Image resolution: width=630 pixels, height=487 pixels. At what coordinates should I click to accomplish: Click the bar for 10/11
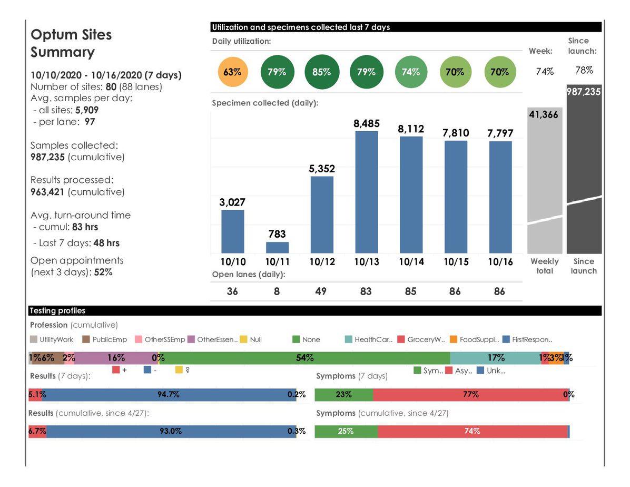pyautogui.click(x=277, y=247)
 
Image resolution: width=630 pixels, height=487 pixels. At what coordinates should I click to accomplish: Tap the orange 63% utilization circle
pyautogui.click(x=232, y=72)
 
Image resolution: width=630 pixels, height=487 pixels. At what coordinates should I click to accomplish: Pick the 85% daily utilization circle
pyautogui.click(x=321, y=72)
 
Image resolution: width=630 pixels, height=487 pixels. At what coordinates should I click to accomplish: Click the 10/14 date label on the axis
pyautogui.click(x=410, y=262)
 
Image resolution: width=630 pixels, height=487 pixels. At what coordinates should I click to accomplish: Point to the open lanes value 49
pyautogui.click(x=321, y=291)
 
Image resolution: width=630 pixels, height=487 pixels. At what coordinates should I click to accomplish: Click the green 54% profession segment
pyautogui.click(x=304, y=358)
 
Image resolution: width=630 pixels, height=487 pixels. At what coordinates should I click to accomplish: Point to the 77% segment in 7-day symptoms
pyautogui.click(x=470, y=394)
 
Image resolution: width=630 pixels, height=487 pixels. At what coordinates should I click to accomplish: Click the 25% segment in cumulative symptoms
pyautogui.click(x=346, y=431)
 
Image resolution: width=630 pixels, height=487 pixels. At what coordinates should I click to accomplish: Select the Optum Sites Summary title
pyautogui.click(x=71, y=43)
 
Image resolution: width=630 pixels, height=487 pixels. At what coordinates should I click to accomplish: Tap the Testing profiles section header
pyautogui.click(x=58, y=311)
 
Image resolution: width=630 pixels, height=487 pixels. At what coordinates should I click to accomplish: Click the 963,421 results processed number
pyautogui.click(x=47, y=192)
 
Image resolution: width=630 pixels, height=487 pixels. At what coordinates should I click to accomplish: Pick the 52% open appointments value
pyautogui.click(x=103, y=272)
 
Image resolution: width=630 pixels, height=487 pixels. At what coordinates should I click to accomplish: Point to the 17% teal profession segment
pyautogui.click(x=495, y=358)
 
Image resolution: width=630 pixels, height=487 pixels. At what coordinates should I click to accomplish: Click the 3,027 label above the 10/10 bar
pyautogui.click(x=232, y=202)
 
